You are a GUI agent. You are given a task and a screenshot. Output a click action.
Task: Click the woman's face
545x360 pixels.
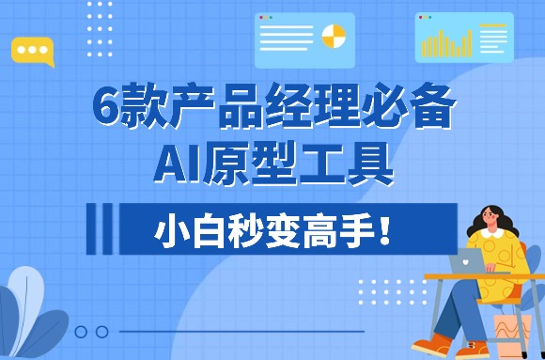494,222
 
